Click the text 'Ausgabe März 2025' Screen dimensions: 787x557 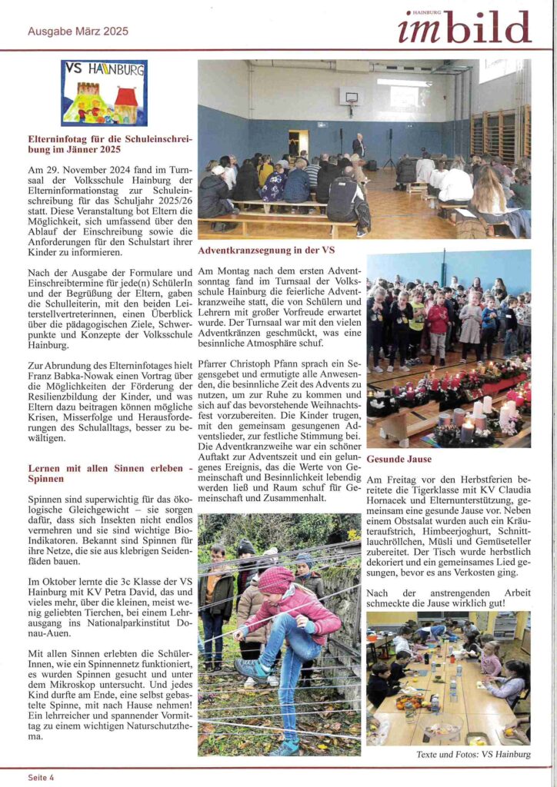(x=78, y=32)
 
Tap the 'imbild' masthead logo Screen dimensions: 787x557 (x=464, y=28)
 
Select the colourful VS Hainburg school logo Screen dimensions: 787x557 (x=104, y=93)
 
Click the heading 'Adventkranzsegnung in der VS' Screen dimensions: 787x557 (x=265, y=250)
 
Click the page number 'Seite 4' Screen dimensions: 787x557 (x=41, y=777)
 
